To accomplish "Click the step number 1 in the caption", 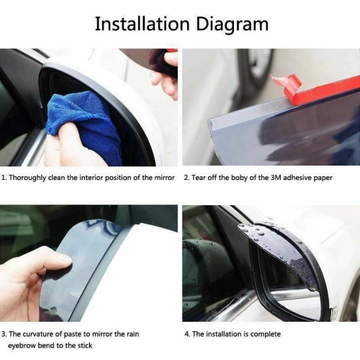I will (4, 178).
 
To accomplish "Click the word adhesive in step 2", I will (301, 178).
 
